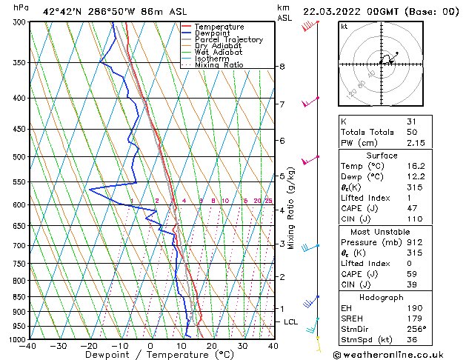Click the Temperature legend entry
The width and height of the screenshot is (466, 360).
pos(216,27)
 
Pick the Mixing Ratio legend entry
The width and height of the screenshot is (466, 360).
pos(219,65)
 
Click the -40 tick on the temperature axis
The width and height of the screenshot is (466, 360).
pos(28,346)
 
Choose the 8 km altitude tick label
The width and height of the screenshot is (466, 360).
pos(282,67)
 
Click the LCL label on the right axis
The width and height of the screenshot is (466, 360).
pos(290,322)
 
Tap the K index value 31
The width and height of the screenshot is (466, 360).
pos(411,121)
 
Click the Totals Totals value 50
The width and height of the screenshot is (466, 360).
pos(411,132)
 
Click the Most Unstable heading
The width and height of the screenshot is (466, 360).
pos(381,232)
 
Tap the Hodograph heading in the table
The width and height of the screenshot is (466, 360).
pos(381,297)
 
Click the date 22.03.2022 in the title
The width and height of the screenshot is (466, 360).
pos(333,10)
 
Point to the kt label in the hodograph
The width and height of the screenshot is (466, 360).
pos(344,27)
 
